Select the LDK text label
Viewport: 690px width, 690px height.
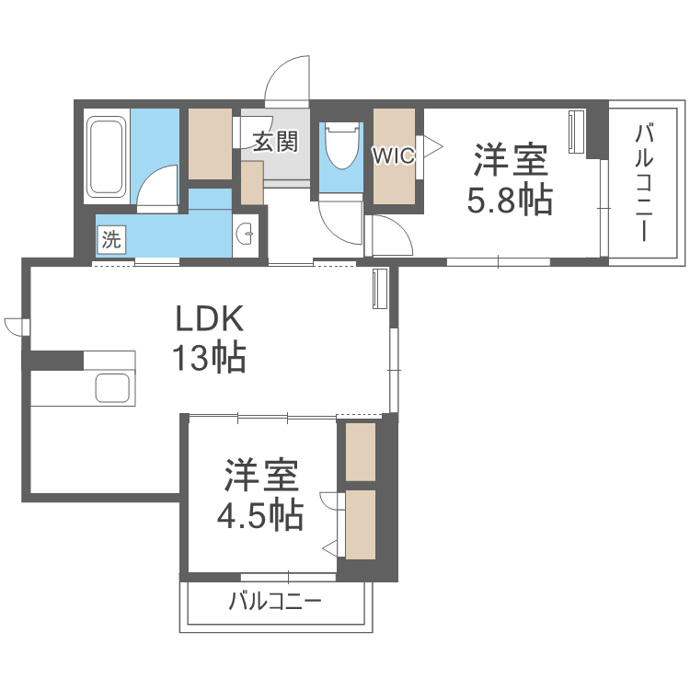(210, 321)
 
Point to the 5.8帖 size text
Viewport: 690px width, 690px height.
(510, 200)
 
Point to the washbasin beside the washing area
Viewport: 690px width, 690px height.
(245, 236)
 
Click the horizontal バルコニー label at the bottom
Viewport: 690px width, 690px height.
(275, 604)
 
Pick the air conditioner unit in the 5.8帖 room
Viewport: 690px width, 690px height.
(577, 132)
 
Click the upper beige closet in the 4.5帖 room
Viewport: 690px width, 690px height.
(361, 451)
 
